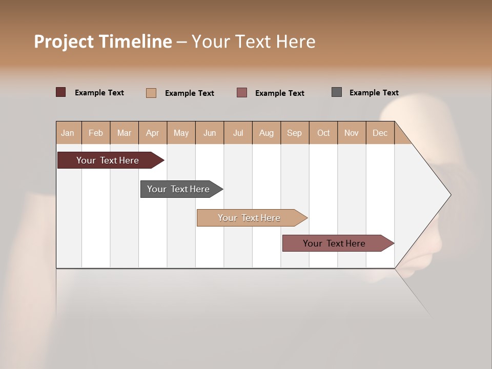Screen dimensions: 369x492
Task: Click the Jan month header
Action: tap(68, 133)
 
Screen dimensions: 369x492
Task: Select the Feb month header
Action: tap(96, 133)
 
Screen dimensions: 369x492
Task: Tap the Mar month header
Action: tap(124, 133)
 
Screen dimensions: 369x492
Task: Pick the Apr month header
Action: tap(153, 133)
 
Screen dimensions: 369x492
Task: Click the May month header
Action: tap(181, 133)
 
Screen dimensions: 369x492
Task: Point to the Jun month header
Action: tap(210, 133)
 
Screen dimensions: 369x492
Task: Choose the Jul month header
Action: tap(238, 133)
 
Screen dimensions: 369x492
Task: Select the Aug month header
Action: tap(266, 133)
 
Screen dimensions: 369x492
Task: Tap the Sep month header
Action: tap(295, 133)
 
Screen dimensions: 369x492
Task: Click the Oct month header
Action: tap(323, 133)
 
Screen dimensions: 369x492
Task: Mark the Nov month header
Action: tap(352, 133)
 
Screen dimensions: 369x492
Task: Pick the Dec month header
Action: tap(380, 133)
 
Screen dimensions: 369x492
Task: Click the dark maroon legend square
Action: tap(61, 92)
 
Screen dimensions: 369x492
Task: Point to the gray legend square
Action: tap(337, 92)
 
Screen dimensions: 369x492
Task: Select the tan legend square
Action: tap(151, 93)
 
